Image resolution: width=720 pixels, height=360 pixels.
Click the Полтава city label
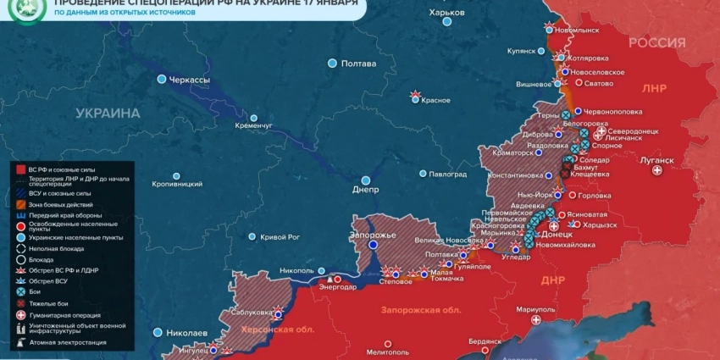coord(358,64)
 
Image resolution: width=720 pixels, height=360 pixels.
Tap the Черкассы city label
coord(190,79)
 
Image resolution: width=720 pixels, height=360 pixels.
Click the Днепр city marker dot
coord(366,180)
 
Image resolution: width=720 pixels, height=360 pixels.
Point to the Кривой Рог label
coord(280,237)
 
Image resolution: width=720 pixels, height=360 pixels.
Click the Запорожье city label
coord(373,234)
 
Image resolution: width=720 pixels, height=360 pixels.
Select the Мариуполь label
coord(534,309)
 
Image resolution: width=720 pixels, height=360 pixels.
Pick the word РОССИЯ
coord(656,43)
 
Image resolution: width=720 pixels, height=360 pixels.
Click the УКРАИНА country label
coord(108,113)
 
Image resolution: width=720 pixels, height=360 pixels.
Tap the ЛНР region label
coord(654,88)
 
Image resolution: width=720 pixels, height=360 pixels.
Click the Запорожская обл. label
coord(408,311)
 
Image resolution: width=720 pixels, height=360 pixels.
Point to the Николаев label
coord(187,332)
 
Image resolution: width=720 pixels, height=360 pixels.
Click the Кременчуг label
coord(254,126)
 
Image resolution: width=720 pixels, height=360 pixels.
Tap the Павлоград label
coord(448,174)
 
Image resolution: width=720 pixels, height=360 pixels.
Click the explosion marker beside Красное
coord(415,95)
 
